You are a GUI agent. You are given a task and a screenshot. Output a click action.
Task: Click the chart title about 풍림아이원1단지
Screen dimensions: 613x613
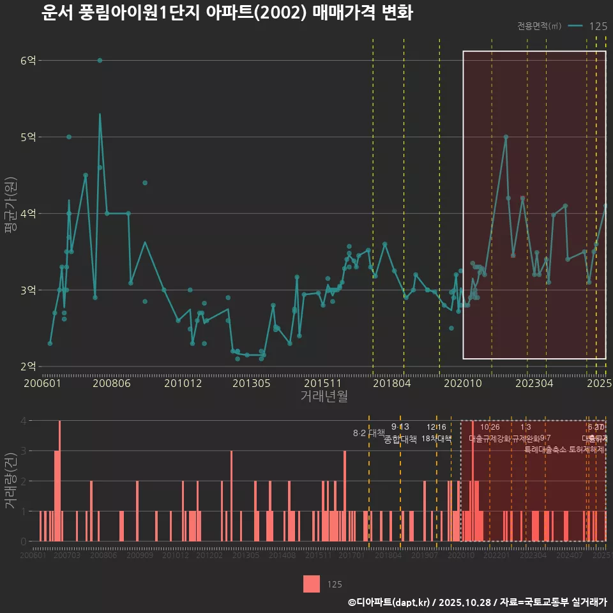point(227,13)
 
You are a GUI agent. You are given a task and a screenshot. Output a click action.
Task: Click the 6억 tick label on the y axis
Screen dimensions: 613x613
point(28,61)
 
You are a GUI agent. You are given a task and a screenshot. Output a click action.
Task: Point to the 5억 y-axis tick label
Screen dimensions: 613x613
point(28,137)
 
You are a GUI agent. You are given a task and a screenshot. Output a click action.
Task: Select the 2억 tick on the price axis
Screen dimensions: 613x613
point(28,367)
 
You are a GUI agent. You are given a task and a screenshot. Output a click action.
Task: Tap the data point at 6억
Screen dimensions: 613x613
point(100,60)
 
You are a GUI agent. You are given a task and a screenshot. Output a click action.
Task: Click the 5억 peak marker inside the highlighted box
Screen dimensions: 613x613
point(506,137)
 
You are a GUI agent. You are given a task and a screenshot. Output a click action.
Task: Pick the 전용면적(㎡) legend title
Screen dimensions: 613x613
point(539,26)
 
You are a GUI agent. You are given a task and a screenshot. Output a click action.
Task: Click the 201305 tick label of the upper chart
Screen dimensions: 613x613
point(251,383)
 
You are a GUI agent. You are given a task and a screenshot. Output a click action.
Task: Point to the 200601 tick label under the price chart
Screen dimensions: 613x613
point(42,383)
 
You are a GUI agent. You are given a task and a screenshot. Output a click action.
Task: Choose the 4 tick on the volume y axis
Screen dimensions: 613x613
point(23,421)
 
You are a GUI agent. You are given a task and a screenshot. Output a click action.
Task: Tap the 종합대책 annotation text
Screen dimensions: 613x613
point(400,439)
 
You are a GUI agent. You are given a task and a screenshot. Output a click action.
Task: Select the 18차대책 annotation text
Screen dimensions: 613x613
point(437,439)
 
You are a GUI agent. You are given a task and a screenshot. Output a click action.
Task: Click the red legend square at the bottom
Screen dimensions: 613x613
point(312,584)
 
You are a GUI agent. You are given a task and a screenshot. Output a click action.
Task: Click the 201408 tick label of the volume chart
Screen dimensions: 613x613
point(282,556)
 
